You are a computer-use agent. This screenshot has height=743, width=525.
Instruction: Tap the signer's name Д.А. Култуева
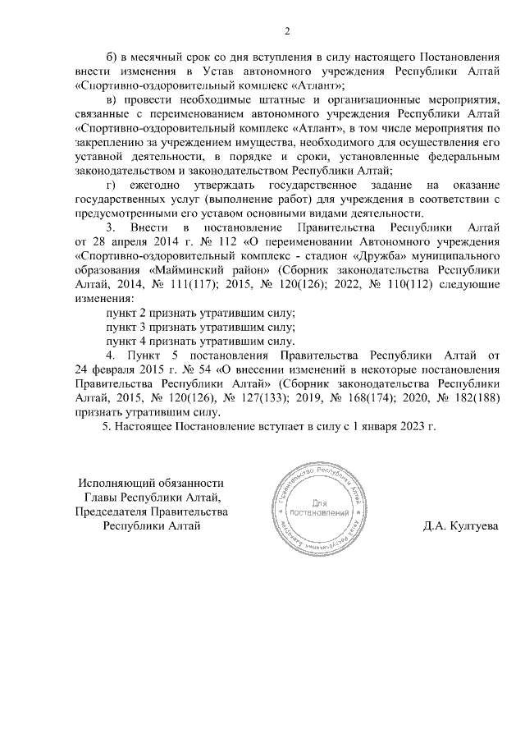[461, 526]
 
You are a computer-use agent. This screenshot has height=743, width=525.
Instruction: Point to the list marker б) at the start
[114, 56]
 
